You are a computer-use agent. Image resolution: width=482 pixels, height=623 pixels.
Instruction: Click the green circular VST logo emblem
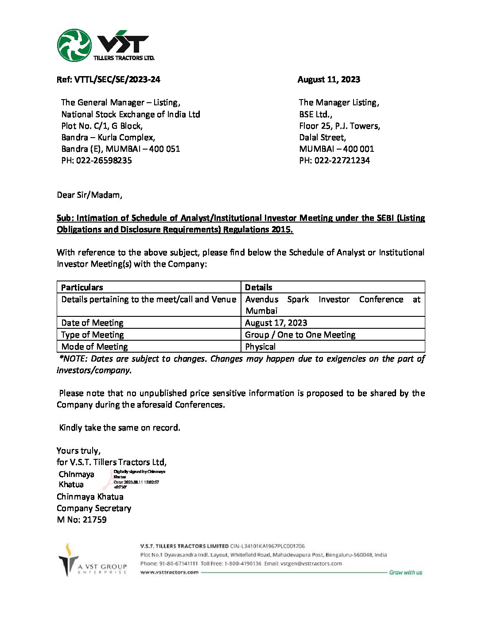click(x=74, y=45)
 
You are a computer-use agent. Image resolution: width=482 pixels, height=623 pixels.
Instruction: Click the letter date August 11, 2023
click(x=329, y=80)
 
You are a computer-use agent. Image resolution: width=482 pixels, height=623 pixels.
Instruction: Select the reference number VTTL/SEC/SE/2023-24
click(x=109, y=80)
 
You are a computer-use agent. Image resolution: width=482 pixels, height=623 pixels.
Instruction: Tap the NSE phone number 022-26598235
click(x=97, y=161)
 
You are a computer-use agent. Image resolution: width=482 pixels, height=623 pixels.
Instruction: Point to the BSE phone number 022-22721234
click(x=334, y=161)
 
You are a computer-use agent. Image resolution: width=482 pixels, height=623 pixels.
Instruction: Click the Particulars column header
click(x=82, y=287)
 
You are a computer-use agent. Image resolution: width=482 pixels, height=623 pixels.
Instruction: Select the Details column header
click(x=259, y=287)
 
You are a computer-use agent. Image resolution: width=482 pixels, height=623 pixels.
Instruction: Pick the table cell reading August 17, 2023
click(x=276, y=323)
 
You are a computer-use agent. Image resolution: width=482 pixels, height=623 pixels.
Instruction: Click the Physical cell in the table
click(x=260, y=346)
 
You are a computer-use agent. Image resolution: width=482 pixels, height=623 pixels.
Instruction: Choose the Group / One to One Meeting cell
click(x=300, y=335)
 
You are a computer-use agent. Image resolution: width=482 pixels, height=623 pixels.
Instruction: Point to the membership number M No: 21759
click(x=82, y=520)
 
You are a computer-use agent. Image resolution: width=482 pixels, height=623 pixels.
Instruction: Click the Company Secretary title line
click(x=94, y=508)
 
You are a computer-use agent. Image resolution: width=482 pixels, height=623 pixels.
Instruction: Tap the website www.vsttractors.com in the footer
click(x=169, y=572)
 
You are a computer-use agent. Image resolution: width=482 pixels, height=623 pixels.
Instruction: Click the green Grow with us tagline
click(x=405, y=573)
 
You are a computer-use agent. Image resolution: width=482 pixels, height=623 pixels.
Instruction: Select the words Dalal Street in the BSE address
click(x=323, y=138)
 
